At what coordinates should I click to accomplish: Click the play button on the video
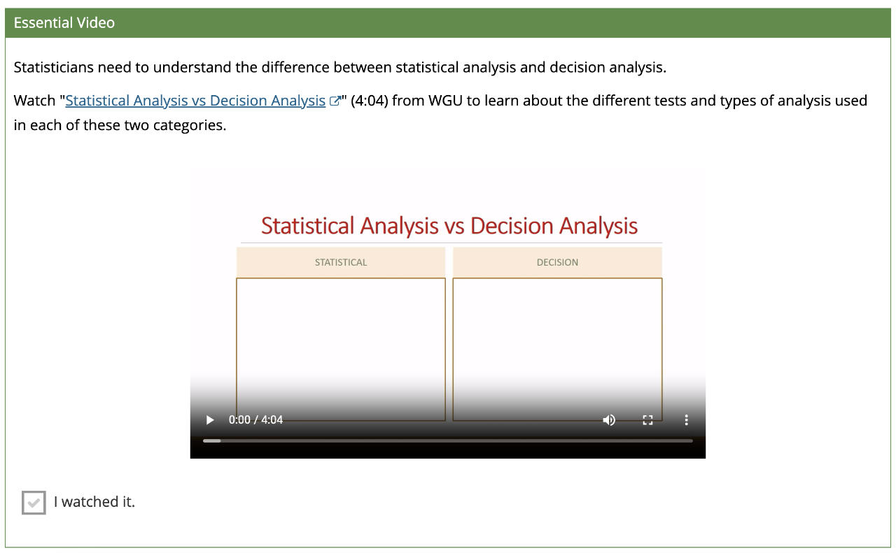click(x=209, y=420)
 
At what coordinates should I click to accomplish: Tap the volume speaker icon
click(x=609, y=420)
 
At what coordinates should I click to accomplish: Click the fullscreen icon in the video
click(x=647, y=420)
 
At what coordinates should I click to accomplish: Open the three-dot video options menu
click(x=687, y=420)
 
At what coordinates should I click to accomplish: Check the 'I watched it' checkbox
click(x=34, y=502)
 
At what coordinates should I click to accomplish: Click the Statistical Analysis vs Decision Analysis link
click(x=195, y=101)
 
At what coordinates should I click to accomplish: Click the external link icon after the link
click(x=335, y=101)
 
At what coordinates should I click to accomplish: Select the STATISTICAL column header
click(x=341, y=262)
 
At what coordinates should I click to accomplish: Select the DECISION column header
click(x=557, y=262)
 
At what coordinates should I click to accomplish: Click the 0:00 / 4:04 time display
click(x=255, y=420)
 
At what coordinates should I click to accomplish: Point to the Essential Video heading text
click(x=64, y=23)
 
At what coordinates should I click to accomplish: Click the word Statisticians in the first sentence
click(x=54, y=67)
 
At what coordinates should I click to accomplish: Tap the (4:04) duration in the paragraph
click(x=369, y=101)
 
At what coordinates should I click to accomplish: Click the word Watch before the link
click(x=34, y=101)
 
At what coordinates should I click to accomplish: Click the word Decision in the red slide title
click(x=512, y=226)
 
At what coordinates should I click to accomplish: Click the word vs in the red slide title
click(x=454, y=227)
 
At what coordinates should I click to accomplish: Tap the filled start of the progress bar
click(x=211, y=440)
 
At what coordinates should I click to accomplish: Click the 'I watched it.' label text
click(x=94, y=502)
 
